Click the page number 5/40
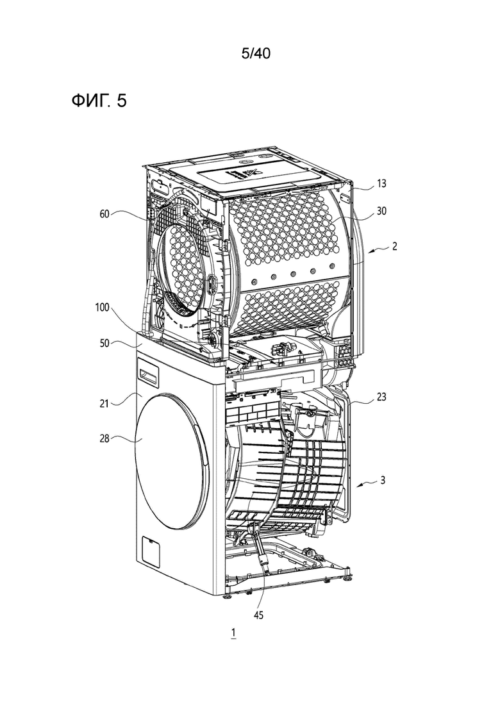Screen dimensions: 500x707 pos(256,54)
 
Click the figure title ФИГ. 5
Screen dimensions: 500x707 pos(99,101)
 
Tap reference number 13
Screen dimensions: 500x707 pos(381,183)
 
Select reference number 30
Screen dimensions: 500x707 pos(381,211)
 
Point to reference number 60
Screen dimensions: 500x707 pos(104,214)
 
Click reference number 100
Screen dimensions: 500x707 pos(102,308)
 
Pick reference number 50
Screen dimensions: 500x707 pos(104,344)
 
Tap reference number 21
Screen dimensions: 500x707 pos(104,403)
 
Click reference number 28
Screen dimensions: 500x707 pos(104,437)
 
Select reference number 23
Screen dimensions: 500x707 pos(381,397)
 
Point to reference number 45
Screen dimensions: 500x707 pos(258,615)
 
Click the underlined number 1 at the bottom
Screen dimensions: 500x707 pos(233,633)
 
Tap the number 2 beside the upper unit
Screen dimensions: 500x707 pos(394,247)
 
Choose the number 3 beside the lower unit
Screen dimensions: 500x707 pos(383,480)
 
